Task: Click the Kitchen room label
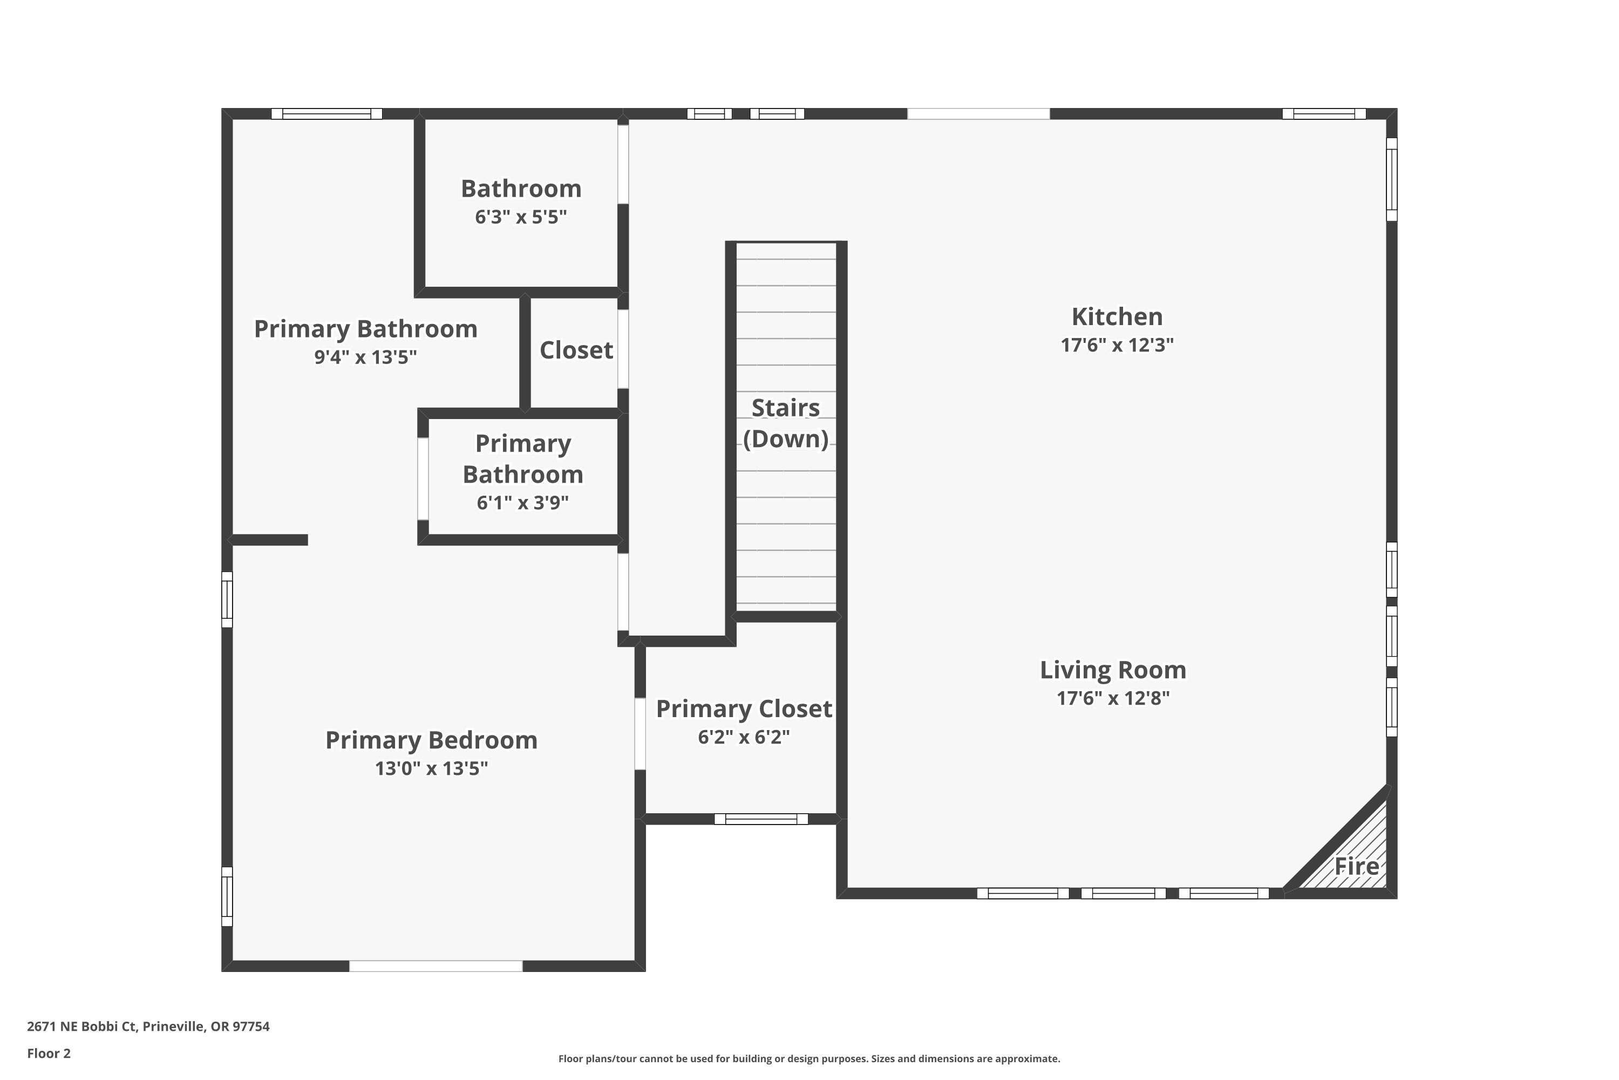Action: [1117, 317]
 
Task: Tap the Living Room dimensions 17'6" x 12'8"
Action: [1113, 698]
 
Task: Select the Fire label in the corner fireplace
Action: [1357, 867]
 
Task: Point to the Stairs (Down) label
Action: [785, 423]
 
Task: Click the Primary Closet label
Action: [744, 708]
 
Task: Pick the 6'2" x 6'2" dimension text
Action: [744, 737]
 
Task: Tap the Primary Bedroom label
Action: [432, 740]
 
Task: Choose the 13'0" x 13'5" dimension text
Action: [432, 768]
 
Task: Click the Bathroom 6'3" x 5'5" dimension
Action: [521, 217]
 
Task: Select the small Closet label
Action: [576, 350]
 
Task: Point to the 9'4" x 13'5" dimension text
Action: [365, 357]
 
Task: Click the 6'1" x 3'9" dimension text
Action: [522, 503]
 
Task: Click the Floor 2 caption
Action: [49, 1053]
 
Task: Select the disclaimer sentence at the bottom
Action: [809, 1058]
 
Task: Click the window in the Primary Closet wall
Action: [760, 819]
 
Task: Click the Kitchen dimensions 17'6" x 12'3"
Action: [1117, 345]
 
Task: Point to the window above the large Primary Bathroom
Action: [326, 113]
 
